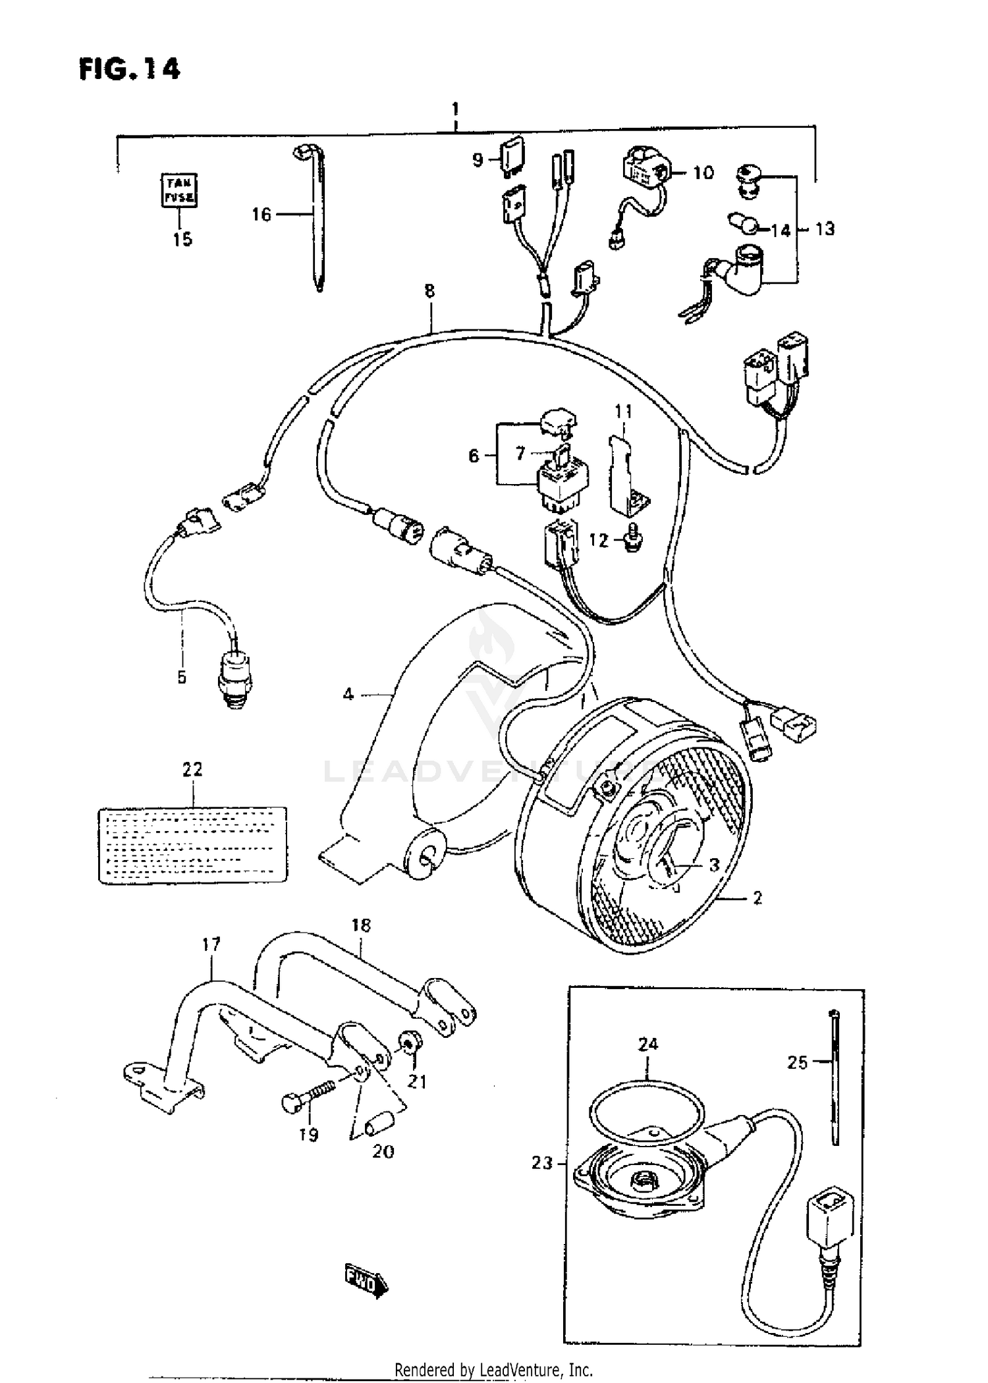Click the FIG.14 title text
(x=129, y=69)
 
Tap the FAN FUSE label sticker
(x=179, y=190)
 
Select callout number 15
(x=182, y=240)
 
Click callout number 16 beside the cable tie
(x=261, y=214)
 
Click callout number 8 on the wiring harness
(x=429, y=290)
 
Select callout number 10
(x=703, y=173)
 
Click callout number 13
(x=824, y=229)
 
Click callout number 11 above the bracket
(x=623, y=412)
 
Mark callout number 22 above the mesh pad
(x=192, y=769)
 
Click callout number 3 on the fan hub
(x=714, y=865)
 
